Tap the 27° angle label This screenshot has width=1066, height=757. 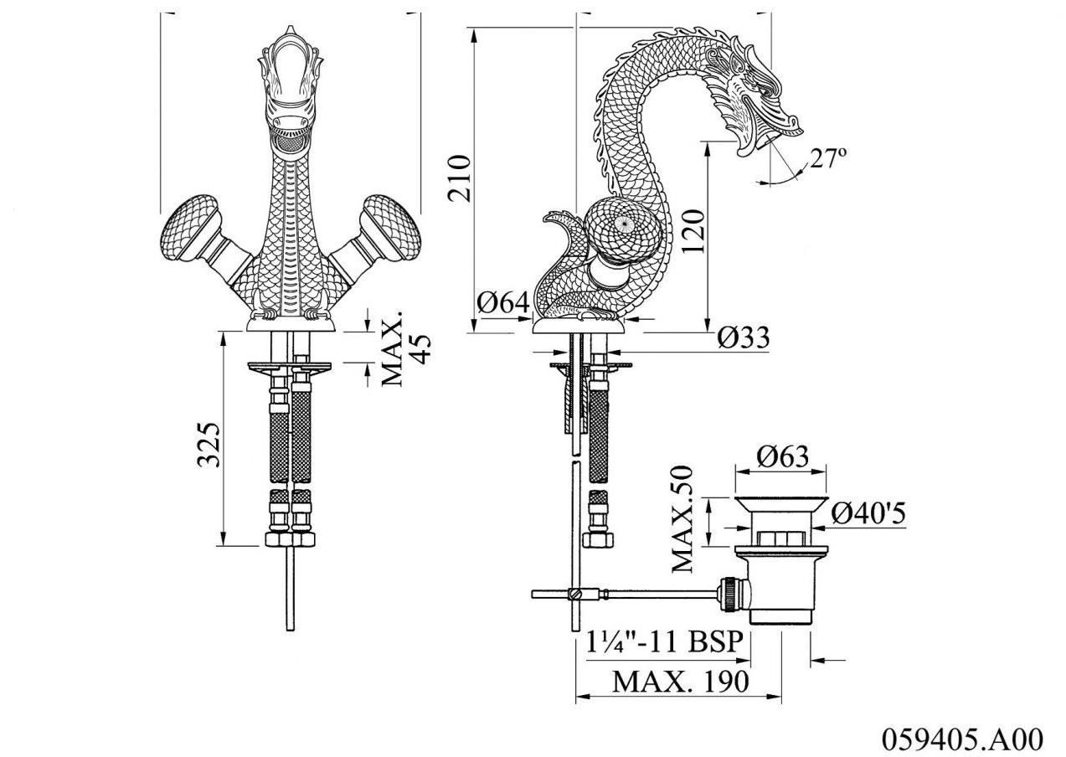[x=827, y=157]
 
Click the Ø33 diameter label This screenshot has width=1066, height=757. [x=744, y=337]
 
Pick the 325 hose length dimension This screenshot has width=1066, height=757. [x=209, y=444]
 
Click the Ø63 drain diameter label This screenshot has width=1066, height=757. [x=783, y=457]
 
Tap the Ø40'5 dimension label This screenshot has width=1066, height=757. [x=869, y=512]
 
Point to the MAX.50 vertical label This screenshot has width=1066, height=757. [x=685, y=519]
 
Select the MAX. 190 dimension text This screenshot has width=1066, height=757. [x=679, y=681]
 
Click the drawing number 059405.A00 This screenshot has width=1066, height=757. [x=962, y=739]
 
